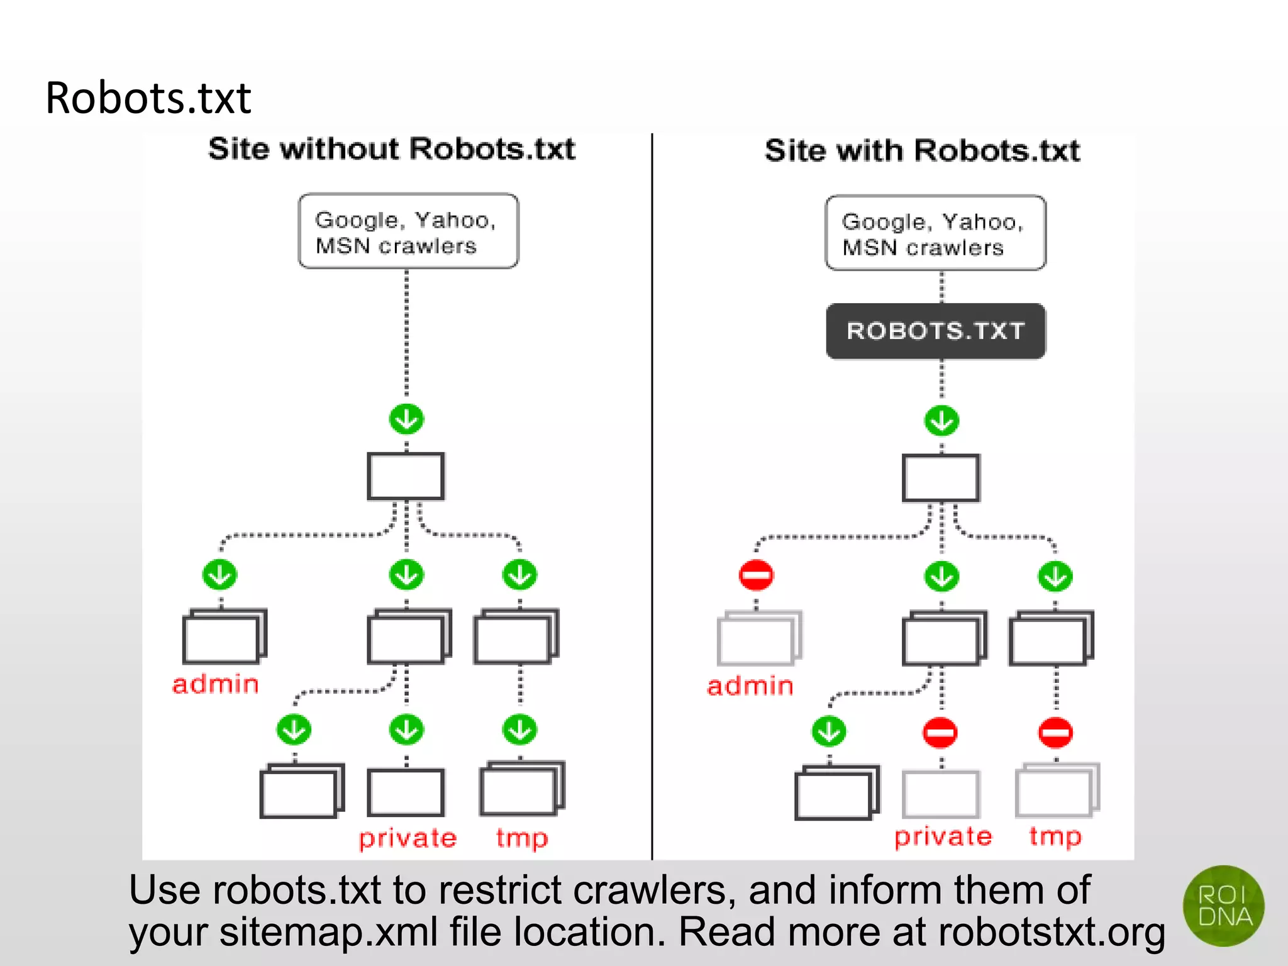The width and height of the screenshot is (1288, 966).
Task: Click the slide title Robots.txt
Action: click(x=148, y=98)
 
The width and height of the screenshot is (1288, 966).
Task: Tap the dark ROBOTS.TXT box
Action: click(x=935, y=331)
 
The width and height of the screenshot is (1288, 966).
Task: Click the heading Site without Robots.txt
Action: click(x=391, y=149)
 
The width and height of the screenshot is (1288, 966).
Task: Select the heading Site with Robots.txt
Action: click(x=922, y=151)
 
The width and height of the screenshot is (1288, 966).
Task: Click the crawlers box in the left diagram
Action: click(x=408, y=231)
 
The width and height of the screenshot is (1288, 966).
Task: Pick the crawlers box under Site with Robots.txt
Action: click(x=935, y=233)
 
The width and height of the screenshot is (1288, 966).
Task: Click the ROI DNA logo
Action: click(x=1223, y=906)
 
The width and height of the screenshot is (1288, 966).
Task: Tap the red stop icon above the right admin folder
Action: click(x=756, y=575)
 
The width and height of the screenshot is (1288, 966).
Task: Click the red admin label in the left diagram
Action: click(x=216, y=684)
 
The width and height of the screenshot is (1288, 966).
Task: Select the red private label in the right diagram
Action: click(x=943, y=836)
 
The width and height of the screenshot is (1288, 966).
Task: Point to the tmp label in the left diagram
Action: click(x=521, y=838)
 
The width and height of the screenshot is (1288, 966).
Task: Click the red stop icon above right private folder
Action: click(x=940, y=733)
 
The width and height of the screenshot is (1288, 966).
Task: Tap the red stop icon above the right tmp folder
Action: click(x=1055, y=733)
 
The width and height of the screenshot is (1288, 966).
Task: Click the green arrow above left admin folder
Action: click(x=219, y=575)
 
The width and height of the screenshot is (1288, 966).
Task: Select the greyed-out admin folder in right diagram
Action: click(x=758, y=639)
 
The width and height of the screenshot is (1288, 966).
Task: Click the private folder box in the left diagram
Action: click(x=406, y=792)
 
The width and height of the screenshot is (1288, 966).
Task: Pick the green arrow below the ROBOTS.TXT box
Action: click(x=941, y=421)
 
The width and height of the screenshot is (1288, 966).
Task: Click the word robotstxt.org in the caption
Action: click(x=1052, y=931)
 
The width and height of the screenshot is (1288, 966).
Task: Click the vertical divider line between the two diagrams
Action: click(x=652, y=497)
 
